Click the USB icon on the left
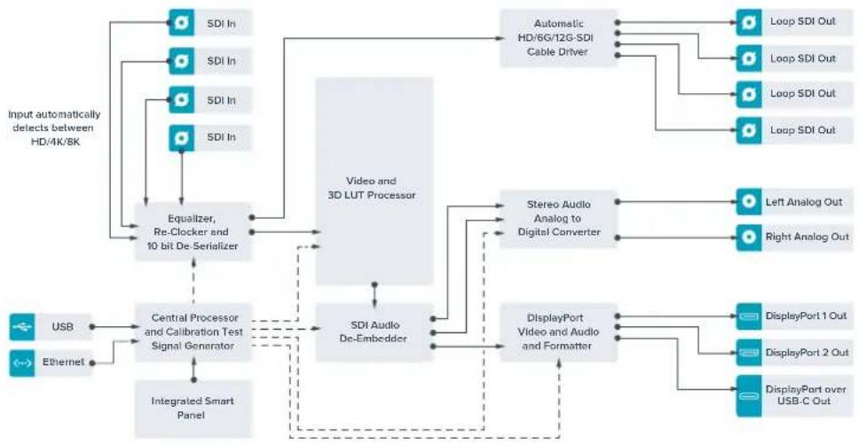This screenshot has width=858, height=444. (x=22, y=327)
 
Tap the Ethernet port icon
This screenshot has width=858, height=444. (x=22, y=362)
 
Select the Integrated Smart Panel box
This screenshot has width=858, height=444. (x=193, y=409)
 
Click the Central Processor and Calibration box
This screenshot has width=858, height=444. (x=193, y=332)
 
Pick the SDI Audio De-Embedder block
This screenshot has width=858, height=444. (x=374, y=332)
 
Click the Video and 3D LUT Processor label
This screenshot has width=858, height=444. (x=374, y=188)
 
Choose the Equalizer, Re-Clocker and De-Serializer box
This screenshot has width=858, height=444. (x=193, y=232)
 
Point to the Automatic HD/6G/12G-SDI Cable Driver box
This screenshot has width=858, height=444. (x=559, y=38)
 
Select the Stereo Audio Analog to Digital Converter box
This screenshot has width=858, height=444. (x=559, y=219)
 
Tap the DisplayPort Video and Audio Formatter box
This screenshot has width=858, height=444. (x=559, y=332)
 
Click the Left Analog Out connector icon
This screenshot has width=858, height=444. (x=749, y=202)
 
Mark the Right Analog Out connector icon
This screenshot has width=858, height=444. (x=749, y=238)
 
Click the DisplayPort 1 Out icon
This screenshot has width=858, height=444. (x=749, y=316)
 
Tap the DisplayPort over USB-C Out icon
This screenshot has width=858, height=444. (x=749, y=395)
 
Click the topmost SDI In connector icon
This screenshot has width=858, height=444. (x=182, y=23)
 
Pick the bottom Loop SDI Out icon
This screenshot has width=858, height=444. (x=749, y=130)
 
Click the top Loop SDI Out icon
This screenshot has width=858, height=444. (x=749, y=22)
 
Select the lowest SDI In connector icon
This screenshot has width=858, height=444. (x=182, y=137)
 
